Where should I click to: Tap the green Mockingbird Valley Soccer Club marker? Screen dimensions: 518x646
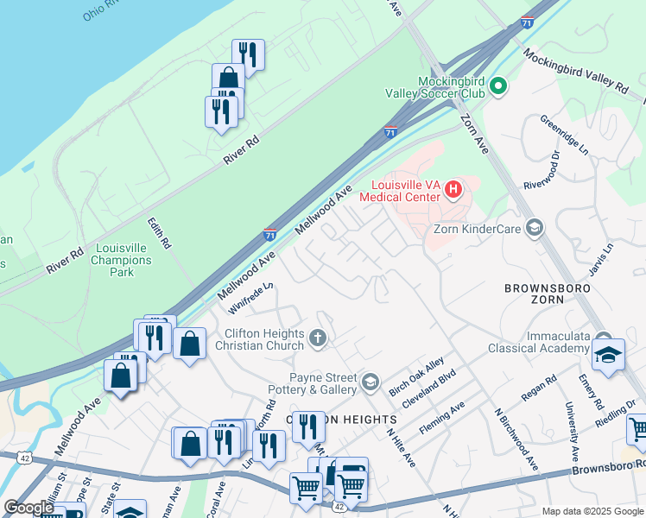497,86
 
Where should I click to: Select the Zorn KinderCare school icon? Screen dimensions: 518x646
534,228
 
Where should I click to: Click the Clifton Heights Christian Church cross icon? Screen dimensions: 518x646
318,338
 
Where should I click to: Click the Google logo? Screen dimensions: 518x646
28,508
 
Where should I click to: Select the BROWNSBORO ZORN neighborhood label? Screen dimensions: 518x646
553,293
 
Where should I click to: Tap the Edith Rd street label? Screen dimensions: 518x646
161,235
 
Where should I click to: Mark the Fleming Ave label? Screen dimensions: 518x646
443,416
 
